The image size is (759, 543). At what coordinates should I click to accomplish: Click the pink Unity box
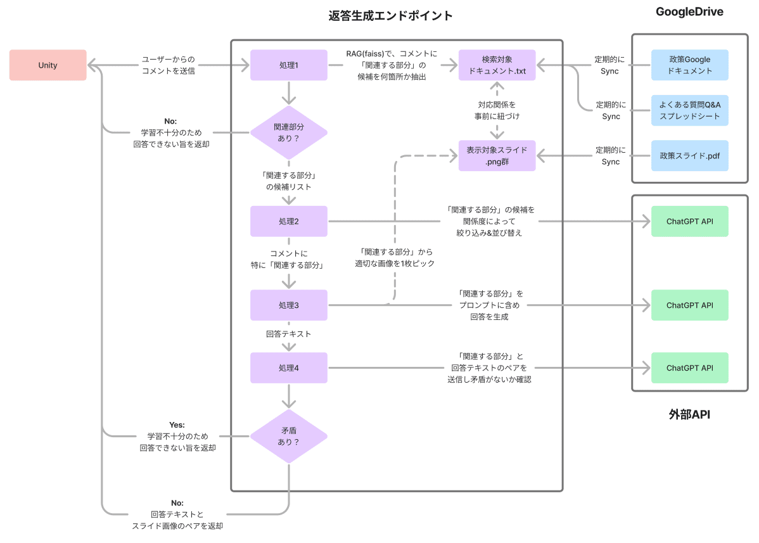[x=48, y=65]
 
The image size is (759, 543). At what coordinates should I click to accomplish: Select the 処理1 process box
[x=289, y=65]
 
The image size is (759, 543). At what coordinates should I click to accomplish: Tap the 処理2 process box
[x=289, y=221]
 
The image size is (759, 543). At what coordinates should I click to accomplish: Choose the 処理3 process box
[x=289, y=305]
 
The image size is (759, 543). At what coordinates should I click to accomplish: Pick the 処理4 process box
[x=289, y=368]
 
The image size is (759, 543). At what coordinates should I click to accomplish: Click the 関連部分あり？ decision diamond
[x=289, y=132]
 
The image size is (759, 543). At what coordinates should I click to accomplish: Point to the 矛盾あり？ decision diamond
[x=289, y=436]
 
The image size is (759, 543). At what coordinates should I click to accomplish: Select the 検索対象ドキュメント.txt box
[x=497, y=65]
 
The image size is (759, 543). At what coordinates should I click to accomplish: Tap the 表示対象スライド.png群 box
[x=497, y=156]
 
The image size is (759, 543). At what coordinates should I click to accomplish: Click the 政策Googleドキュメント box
[x=689, y=65]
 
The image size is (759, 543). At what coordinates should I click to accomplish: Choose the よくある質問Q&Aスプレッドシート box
[x=689, y=110]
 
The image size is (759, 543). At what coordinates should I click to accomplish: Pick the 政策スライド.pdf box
[x=689, y=156]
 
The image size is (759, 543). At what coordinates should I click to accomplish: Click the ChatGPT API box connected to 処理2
[x=689, y=221]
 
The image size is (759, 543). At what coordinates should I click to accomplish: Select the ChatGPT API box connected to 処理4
[x=689, y=368]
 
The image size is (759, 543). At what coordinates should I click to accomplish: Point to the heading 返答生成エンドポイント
[x=391, y=16]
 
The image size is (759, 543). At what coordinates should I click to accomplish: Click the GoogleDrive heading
[x=689, y=12]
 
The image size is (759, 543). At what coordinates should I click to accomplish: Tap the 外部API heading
[x=689, y=414]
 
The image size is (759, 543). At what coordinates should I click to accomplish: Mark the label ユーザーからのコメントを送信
[x=168, y=65]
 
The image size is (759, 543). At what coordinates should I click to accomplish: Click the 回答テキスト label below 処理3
[x=289, y=333]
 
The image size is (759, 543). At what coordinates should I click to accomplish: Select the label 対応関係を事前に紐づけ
[x=497, y=110]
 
